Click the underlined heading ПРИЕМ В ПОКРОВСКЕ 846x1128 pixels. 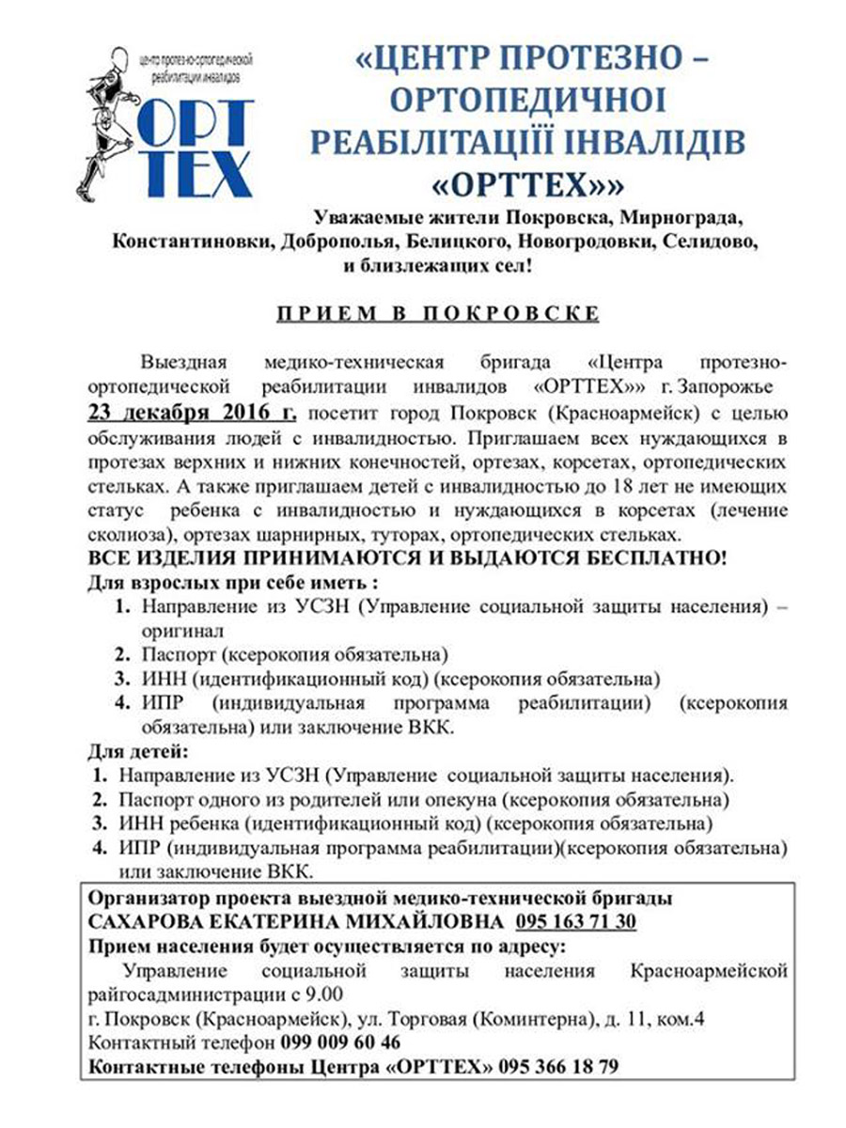pos(437,314)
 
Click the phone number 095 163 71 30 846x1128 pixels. pos(575,921)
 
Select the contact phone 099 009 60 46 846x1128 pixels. pos(340,1042)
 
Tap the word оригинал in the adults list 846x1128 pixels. pos(183,631)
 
